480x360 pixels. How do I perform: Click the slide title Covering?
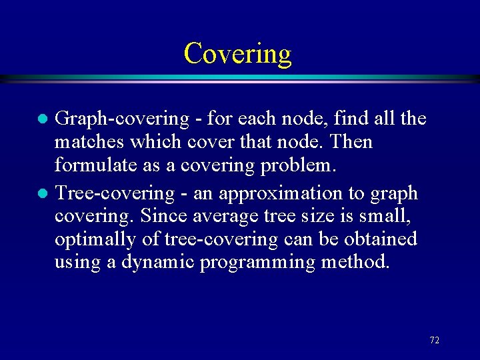[238, 53]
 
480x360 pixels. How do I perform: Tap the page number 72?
[434, 340]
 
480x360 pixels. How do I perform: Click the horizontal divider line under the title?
[240, 79]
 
